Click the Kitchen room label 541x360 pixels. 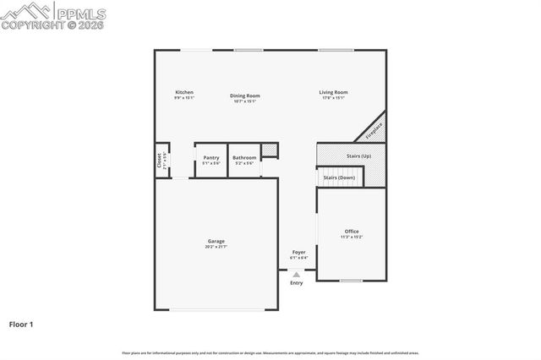pos(184,92)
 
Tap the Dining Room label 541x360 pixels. pos(245,95)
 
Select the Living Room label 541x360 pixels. pos(333,92)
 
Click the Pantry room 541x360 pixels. pos(210,160)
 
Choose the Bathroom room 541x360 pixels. pos(244,160)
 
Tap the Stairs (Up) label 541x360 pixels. pos(358,156)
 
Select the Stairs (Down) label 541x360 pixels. pos(340,177)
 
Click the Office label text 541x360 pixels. pos(352,231)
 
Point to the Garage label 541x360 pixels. pos(216,242)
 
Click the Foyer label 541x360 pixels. pos(298,252)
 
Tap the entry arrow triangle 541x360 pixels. pos(296,274)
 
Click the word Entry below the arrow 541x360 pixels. pos(296,282)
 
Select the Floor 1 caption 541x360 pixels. pos(21,324)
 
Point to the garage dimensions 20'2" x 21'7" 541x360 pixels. pos(216,248)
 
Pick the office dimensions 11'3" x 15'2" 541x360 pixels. pos(352,237)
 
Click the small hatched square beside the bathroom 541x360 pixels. pos(270,150)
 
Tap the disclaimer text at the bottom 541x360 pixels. pos(270,352)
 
